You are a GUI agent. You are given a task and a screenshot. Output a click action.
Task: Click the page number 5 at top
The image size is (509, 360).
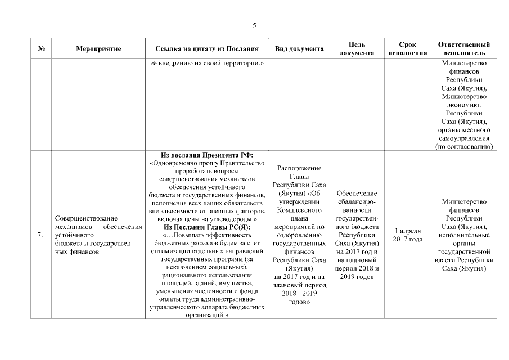254,26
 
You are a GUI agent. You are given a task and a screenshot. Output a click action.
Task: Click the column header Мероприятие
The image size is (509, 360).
98,49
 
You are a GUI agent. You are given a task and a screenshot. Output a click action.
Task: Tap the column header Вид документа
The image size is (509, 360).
299,49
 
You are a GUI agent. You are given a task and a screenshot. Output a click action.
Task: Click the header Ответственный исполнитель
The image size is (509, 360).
463,49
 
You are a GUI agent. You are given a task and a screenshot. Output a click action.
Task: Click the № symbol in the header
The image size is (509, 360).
41,49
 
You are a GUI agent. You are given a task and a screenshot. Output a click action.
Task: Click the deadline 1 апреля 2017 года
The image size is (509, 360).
407,235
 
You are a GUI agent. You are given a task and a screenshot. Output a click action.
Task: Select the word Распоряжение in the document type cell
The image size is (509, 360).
299,168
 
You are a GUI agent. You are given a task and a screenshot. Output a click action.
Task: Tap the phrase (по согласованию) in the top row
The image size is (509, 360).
463,146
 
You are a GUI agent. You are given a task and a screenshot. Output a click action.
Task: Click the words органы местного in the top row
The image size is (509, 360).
463,130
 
